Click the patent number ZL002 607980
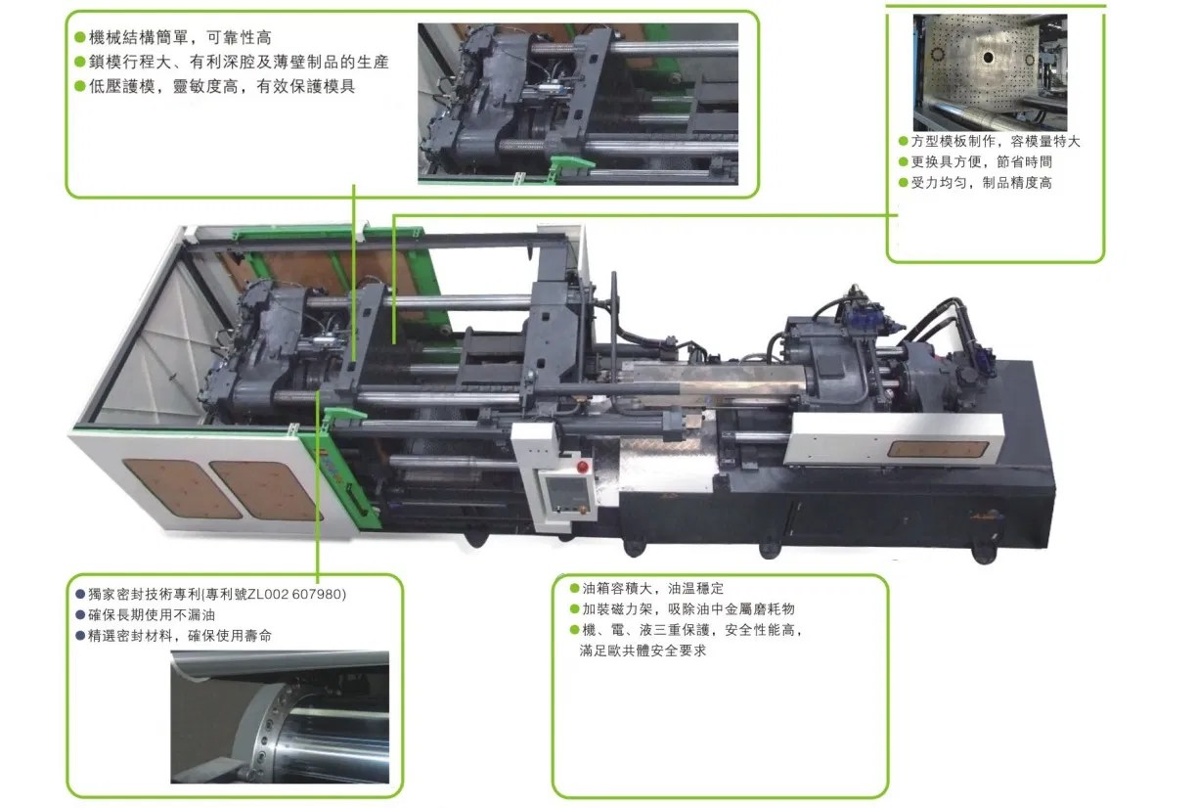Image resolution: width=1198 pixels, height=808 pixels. tap(293, 595)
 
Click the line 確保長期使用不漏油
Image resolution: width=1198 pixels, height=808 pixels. tap(146, 615)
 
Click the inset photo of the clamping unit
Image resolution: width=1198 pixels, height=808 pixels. tap(578, 103)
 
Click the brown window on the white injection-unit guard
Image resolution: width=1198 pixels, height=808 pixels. tap(937, 449)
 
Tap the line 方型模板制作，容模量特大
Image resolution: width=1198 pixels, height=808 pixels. tap(989, 142)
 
